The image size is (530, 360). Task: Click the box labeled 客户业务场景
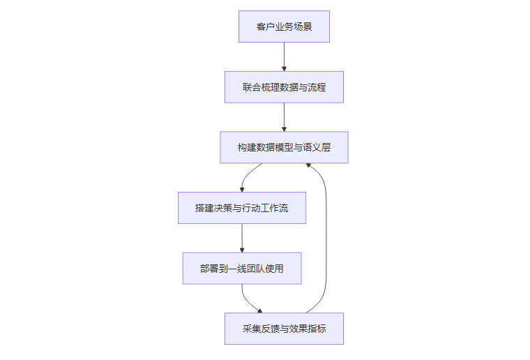[x=284, y=27]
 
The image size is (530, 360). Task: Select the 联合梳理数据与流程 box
[x=284, y=87]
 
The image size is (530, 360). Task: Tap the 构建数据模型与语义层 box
[x=284, y=147]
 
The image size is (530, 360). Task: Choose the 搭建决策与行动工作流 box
[x=242, y=208]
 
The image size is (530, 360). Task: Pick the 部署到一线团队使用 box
[x=242, y=268]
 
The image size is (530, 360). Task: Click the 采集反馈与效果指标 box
[x=284, y=329]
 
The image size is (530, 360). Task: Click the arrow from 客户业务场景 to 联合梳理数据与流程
[x=284, y=56]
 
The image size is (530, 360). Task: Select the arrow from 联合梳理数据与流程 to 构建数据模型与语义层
[x=284, y=116]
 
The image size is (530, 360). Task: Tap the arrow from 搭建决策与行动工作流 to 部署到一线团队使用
[x=242, y=237]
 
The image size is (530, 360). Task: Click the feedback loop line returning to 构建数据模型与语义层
[x=326, y=237]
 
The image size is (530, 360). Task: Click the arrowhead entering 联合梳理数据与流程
[x=284, y=68]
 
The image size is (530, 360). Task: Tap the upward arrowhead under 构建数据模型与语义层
[x=308, y=166]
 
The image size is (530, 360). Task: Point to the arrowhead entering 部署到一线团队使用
[x=242, y=249]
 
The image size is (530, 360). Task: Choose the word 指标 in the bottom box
[x=317, y=329]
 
